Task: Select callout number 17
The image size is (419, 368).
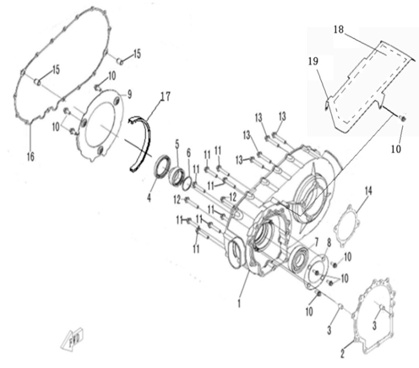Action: tap(165, 97)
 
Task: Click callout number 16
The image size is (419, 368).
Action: tap(31, 156)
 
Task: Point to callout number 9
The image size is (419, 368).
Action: tap(129, 95)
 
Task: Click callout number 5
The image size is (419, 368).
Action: tap(177, 144)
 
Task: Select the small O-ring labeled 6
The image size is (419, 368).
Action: tap(186, 184)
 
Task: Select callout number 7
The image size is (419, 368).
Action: tap(316, 240)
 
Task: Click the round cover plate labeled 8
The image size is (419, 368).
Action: tap(317, 272)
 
